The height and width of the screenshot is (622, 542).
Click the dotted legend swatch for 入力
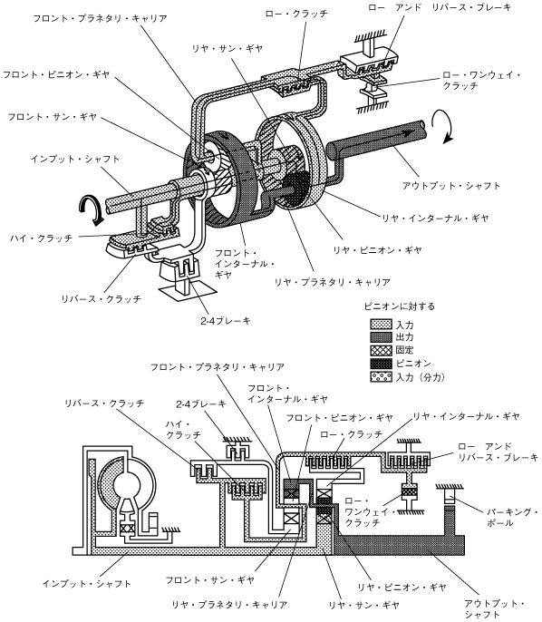click(x=381, y=324)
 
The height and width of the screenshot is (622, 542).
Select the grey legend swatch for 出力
click(x=381, y=337)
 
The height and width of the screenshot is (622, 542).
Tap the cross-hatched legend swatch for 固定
click(x=381, y=350)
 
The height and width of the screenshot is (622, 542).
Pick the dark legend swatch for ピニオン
click(x=381, y=364)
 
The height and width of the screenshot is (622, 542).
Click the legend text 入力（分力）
click(x=421, y=377)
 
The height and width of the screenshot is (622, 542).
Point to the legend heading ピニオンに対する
click(x=400, y=306)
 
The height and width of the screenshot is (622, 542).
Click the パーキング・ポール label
click(x=512, y=517)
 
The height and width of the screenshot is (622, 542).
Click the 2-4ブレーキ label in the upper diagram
click(x=226, y=321)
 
